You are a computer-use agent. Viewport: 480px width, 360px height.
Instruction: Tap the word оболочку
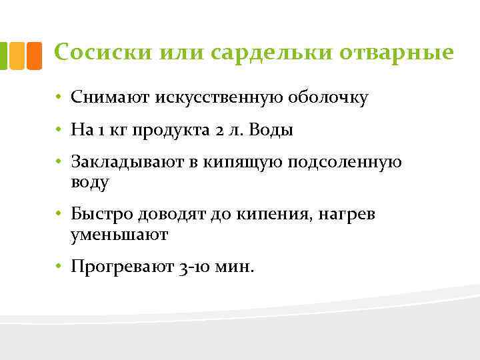click(x=328, y=98)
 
